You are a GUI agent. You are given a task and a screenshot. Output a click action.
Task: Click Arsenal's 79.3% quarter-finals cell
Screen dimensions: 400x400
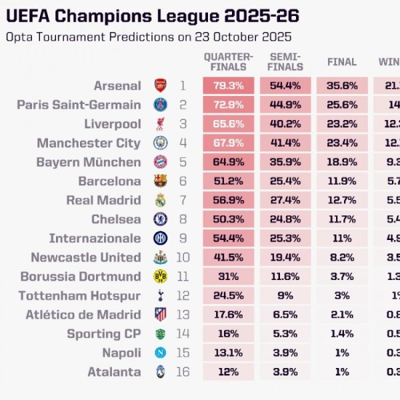[228, 85]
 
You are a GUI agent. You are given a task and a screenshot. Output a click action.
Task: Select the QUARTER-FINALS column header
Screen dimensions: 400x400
[228, 61]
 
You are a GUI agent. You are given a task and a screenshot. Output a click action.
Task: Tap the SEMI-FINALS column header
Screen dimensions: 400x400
[285, 61]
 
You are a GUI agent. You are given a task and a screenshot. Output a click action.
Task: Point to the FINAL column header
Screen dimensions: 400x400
[341, 62]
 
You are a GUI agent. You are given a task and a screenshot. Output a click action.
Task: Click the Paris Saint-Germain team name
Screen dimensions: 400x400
[79, 105]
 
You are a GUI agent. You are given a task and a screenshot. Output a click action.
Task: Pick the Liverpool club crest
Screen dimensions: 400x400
[161, 124]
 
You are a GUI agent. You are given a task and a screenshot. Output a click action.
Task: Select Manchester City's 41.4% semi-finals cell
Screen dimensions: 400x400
[285, 143]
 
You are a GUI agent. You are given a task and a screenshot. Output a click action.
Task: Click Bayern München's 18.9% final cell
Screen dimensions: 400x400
[341, 162]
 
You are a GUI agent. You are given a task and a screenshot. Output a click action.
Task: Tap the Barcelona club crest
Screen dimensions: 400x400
[161, 181]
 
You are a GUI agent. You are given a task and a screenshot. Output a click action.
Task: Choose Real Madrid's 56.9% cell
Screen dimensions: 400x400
[228, 200]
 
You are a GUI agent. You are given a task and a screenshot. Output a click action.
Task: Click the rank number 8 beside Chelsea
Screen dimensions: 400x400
[183, 219]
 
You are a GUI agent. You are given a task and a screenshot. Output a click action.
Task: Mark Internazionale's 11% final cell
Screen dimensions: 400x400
[341, 238]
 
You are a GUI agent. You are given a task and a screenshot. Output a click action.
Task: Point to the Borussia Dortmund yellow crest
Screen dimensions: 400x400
[161, 276]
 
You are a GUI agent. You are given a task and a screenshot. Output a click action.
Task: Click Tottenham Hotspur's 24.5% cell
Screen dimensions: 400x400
[228, 295]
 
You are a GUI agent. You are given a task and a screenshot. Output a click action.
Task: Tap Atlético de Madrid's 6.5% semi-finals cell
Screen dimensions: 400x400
[285, 315]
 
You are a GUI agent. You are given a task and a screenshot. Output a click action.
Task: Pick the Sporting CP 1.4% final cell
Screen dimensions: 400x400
[341, 333]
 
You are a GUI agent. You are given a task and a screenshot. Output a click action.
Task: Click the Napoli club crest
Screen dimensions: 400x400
[161, 353]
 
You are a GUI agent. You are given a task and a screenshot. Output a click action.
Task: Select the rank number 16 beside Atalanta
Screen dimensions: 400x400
[183, 372]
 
